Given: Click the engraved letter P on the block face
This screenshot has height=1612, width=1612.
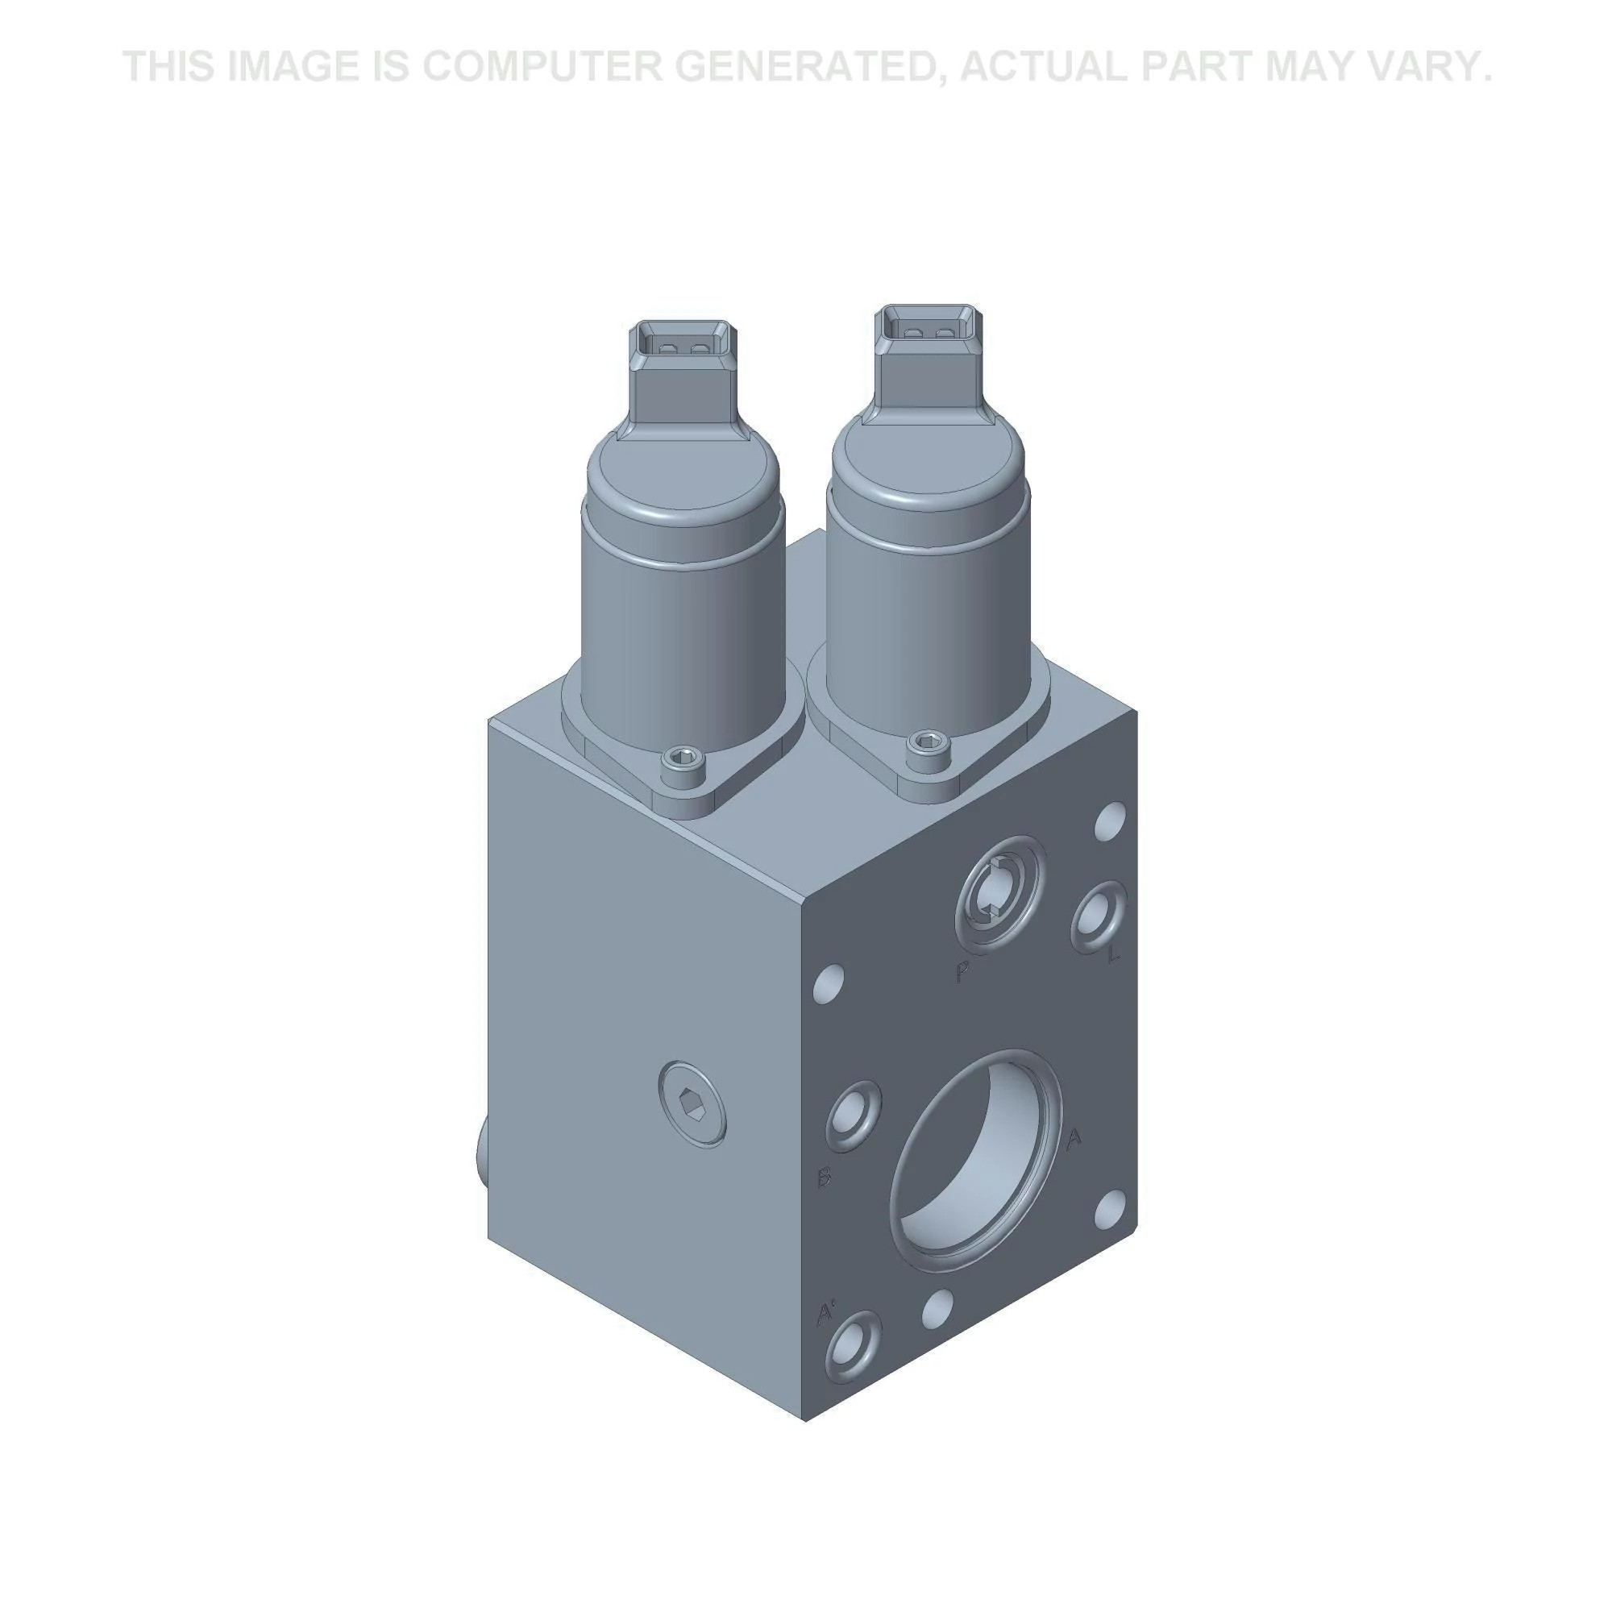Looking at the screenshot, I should (962, 970).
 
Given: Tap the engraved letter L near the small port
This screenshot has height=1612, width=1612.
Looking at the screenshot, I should (1113, 955).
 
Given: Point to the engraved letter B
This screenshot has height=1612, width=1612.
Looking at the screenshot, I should (825, 1178).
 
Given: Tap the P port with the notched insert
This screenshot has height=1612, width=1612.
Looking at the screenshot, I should (999, 893).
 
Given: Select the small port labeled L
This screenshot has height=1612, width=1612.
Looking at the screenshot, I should (1098, 916).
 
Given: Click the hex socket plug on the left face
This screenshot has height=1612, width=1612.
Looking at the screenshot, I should (692, 1105).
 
